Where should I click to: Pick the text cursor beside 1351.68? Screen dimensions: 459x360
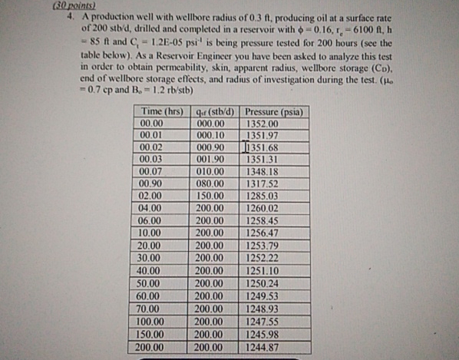click(244, 147)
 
